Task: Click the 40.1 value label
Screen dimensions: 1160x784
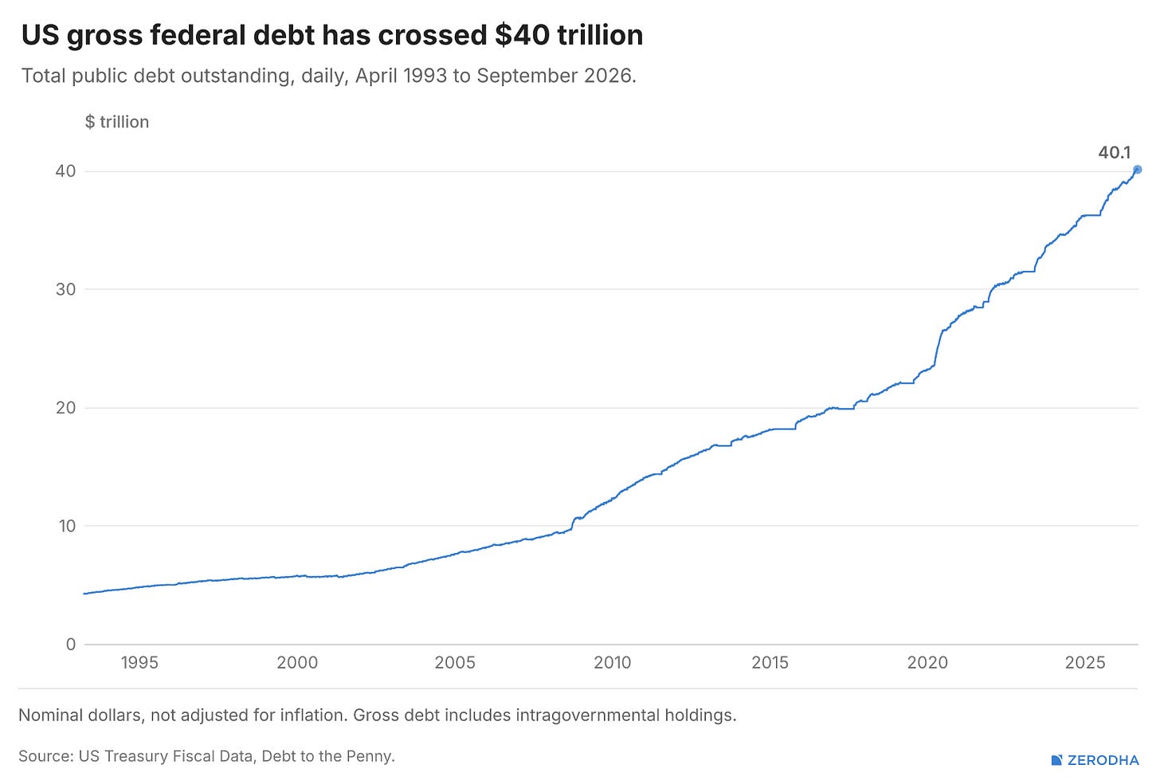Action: tap(1115, 152)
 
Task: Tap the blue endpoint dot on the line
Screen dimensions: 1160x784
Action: tap(1137, 170)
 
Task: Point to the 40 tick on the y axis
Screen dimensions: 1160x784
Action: tap(66, 171)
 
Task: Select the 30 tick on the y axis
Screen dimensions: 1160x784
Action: tap(66, 289)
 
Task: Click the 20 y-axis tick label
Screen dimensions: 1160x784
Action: tap(66, 407)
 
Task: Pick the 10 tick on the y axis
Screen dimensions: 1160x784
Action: tap(67, 526)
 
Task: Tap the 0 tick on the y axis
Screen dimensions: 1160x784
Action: tap(71, 645)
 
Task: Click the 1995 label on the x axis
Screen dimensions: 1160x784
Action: tap(139, 662)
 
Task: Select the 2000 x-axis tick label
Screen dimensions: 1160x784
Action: tap(297, 662)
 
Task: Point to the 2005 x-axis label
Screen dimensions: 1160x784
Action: tap(455, 662)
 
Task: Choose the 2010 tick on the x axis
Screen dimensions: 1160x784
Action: tap(613, 662)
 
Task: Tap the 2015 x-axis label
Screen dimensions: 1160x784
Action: tap(770, 662)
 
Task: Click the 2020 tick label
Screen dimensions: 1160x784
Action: tap(927, 662)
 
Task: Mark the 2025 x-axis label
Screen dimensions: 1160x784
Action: tap(1085, 662)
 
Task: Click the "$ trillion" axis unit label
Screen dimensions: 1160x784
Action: tap(117, 122)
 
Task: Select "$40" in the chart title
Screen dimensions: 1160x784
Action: tap(522, 35)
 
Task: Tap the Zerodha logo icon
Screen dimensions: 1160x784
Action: tap(1057, 760)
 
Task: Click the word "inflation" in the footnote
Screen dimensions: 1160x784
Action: tap(314, 715)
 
